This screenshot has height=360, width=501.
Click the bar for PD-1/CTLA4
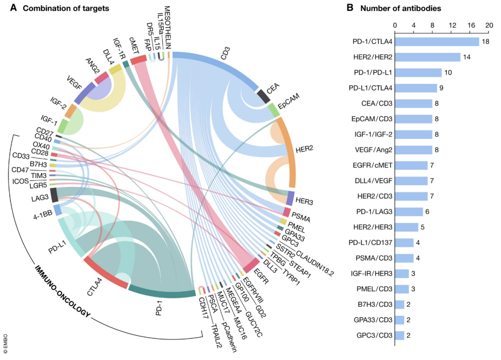coord(437,42)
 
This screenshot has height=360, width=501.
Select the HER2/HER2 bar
coord(427,57)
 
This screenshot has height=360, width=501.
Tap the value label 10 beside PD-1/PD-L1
coord(449,73)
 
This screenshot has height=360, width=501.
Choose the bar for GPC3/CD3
coord(399,335)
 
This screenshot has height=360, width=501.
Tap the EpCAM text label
coord(291,102)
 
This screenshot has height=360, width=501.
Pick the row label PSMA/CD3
coord(372,258)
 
